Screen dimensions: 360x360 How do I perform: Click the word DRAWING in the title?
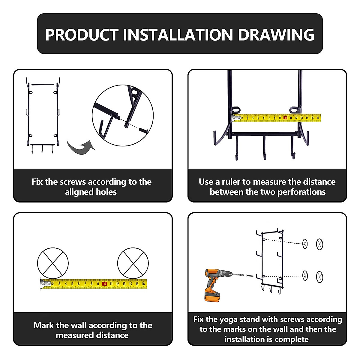tap(276, 35)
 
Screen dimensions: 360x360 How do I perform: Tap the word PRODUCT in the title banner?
tap(82, 35)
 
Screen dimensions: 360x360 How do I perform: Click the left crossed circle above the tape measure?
tap(53, 263)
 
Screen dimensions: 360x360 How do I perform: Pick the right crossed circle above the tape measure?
tap(133, 263)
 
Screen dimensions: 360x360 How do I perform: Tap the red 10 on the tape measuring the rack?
tap(285, 118)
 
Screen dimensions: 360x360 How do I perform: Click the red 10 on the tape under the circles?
tap(104, 284)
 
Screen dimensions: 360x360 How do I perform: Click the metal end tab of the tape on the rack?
tap(236, 118)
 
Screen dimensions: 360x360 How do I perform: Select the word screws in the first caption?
tap(73, 182)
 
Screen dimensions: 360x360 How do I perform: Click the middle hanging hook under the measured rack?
tap(264, 147)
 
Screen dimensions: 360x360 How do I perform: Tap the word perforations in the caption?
tap(301, 192)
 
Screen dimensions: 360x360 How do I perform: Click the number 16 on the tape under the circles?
tap(143, 284)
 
